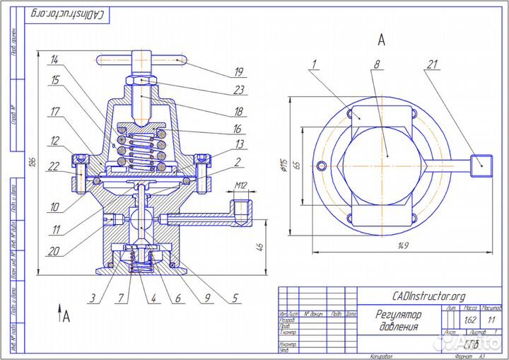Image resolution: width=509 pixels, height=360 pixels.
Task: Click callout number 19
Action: [x=239, y=71]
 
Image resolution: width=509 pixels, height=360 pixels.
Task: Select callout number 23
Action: [x=239, y=91]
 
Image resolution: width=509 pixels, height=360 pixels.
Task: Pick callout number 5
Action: [x=234, y=298]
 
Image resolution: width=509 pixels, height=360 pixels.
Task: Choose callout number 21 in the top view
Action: [x=432, y=64]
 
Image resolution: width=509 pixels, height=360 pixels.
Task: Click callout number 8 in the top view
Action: [x=377, y=64]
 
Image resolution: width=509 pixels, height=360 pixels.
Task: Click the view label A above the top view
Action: [x=381, y=37]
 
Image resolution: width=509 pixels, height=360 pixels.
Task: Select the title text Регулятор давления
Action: [x=399, y=320]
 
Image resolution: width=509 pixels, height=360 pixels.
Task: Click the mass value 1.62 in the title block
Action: [x=471, y=319]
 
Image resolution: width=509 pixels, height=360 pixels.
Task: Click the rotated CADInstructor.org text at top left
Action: [x=69, y=15]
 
